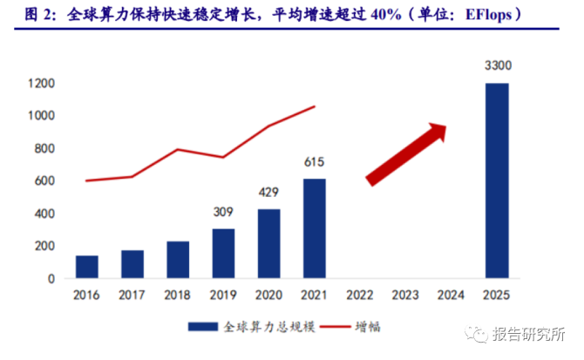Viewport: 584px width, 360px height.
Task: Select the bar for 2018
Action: (x=178, y=260)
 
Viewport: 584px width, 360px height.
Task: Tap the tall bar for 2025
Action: (x=496, y=180)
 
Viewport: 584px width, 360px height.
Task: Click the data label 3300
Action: (x=496, y=65)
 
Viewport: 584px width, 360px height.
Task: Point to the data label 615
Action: (x=315, y=161)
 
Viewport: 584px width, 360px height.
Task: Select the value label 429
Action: (x=268, y=192)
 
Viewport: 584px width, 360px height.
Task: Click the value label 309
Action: (x=223, y=211)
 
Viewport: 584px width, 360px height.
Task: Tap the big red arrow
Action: (x=406, y=153)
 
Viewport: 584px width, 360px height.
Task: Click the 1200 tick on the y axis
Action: (x=42, y=84)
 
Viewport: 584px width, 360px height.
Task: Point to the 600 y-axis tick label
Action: (x=45, y=181)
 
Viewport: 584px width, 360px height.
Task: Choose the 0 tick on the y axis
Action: (x=52, y=279)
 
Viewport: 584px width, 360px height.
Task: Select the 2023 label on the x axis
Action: (x=405, y=295)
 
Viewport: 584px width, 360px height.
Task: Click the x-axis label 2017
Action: (x=132, y=295)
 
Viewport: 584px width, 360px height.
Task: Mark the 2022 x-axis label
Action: (x=360, y=295)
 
